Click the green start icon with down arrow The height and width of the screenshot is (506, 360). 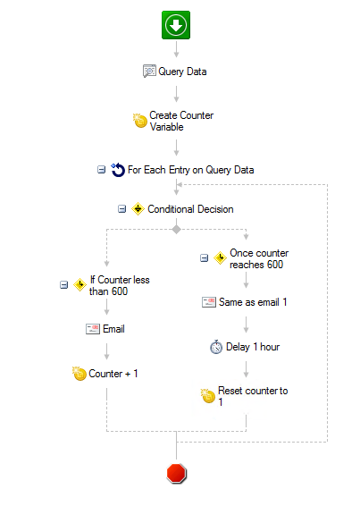click(176, 25)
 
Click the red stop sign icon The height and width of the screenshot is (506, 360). click(177, 474)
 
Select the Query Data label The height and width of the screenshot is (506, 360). click(182, 72)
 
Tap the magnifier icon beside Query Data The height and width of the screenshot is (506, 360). click(149, 71)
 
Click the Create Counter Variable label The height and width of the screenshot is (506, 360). click(181, 121)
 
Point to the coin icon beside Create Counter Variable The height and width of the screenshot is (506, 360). click(140, 121)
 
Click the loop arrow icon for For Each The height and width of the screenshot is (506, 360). click(118, 170)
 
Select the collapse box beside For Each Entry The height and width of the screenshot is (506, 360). click(101, 170)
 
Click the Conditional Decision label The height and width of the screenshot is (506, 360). click(190, 209)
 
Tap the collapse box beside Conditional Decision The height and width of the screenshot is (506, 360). click(121, 209)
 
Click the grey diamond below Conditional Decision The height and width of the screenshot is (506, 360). click(177, 230)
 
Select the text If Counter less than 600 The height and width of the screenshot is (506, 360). click(120, 285)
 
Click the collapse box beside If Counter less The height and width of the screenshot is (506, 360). click(64, 284)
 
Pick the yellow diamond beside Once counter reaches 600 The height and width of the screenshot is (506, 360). click(220, 258)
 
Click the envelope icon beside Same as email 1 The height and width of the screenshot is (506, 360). click(209, 302)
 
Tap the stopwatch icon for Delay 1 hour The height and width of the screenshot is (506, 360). click(216, 347)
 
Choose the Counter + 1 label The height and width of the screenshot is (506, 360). click(113, 374)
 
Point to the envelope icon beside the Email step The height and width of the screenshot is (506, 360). click(93, 329)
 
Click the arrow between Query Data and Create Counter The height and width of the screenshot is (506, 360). click(177, 94)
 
